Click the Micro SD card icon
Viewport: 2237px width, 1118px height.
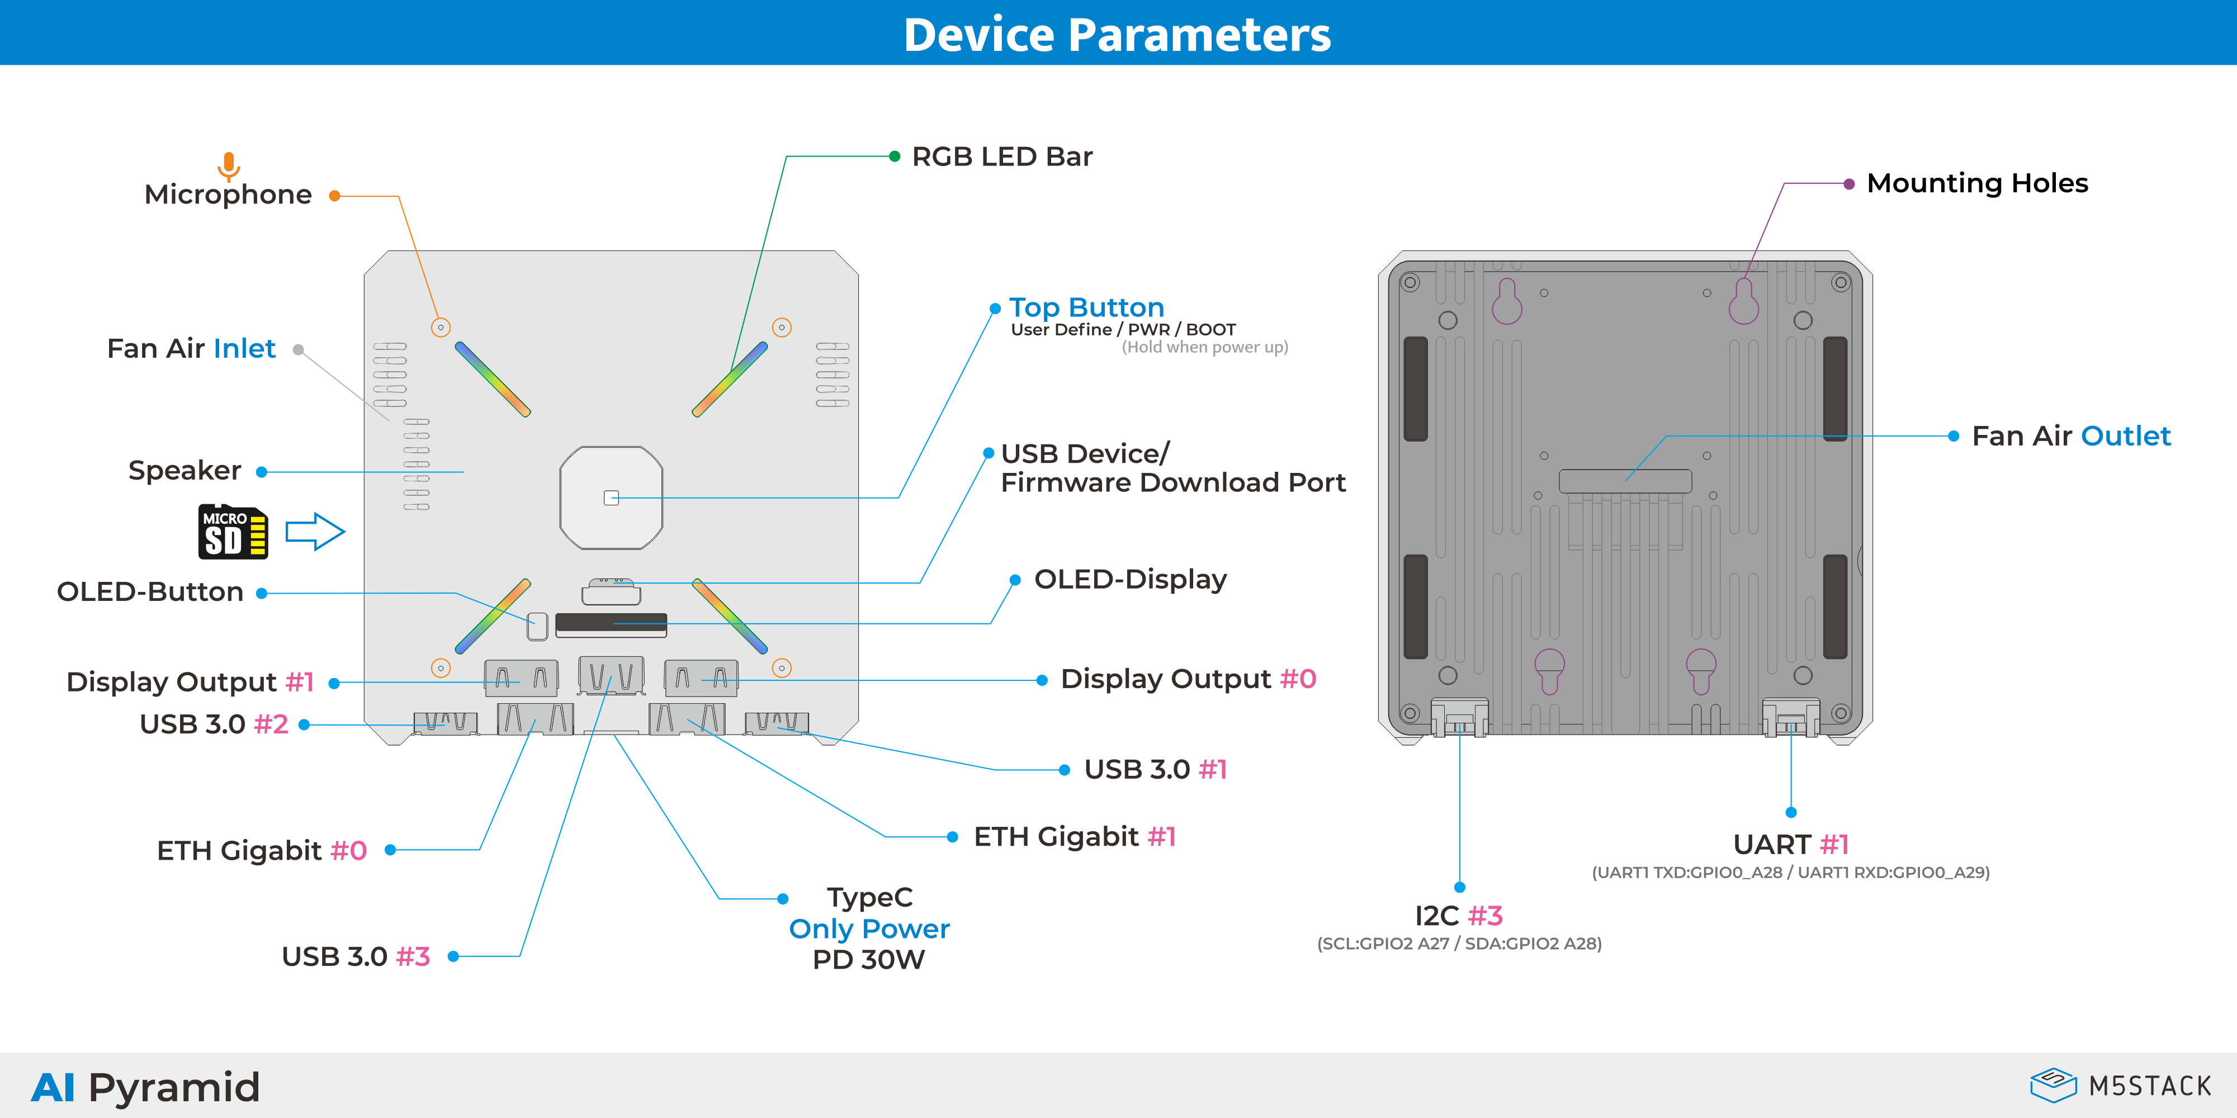(x=233, y=531)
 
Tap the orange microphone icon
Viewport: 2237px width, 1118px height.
(x=228, y=165)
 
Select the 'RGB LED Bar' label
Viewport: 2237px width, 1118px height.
(x=1001, y=157)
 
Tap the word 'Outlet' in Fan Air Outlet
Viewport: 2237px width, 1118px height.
(x=2125, y=436)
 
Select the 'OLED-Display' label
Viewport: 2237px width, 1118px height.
(x=1130, y=579)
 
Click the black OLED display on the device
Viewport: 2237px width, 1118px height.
(x=611, y=624)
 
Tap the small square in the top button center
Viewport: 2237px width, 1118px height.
(x=611, y=498)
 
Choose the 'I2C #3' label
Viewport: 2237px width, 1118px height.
(x=1458, y=916)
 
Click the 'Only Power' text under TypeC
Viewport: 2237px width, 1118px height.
(x=868, y=928)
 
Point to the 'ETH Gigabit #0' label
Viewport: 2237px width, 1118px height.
(x=262, y=851)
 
